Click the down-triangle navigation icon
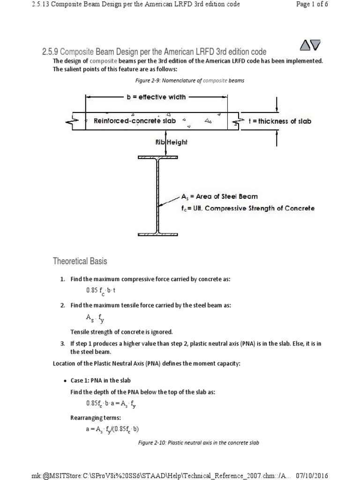(315, 45)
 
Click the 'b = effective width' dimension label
(156, 97)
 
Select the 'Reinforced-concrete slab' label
(135, 120)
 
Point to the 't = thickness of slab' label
(279, 121)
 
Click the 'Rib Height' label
(171, 142)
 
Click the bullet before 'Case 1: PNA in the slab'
(65, 379)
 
